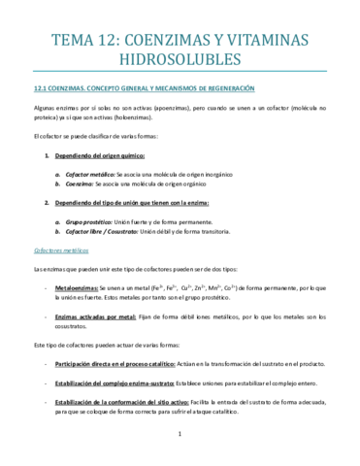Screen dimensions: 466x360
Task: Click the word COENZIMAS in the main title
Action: tap(166, 39)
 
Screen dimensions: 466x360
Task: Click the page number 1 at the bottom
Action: tap(180, 448)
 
